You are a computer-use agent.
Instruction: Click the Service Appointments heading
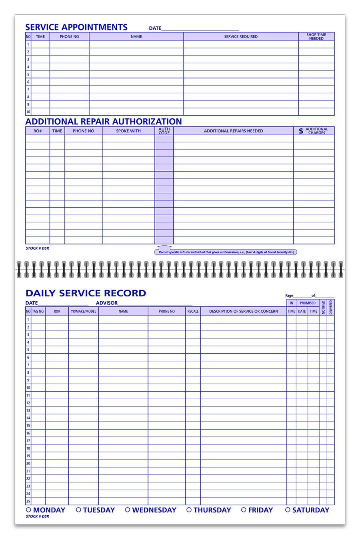click(76, 27)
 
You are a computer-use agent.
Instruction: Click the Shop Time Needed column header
click(316, 36)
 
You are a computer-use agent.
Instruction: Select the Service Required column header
click(241, 36)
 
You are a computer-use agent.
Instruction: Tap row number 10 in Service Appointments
click(28, 112)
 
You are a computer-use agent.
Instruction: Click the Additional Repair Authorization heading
click(104, 122)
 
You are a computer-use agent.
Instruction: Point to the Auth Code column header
click(164, 131)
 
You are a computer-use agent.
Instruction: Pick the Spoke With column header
click(128, 131)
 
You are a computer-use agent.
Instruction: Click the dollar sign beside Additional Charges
click(301, 131)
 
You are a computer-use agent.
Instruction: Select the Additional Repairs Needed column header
click(233, 131)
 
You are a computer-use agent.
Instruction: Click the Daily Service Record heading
click(86, 293)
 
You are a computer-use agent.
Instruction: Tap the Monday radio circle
click(28, 510)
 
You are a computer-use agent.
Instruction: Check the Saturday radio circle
click(288, 510)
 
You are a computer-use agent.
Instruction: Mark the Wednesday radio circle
click(128, 510)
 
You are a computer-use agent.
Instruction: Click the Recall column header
click(193, 311)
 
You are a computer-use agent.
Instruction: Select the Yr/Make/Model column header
click(83, 311)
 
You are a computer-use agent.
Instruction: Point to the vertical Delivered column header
click(331, 307)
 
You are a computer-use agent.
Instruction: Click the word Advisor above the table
click(107, 303)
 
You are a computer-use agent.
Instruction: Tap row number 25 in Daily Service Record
click(28, 501)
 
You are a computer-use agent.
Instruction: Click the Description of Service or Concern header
click(243, 311)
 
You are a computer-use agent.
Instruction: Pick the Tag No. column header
click(38, 311)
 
